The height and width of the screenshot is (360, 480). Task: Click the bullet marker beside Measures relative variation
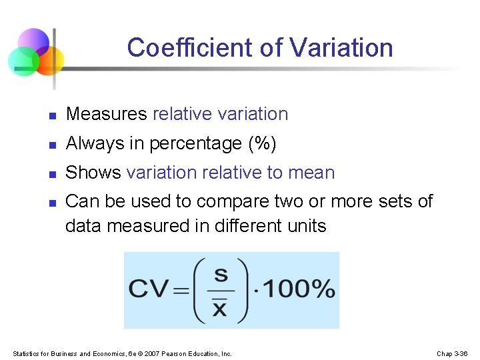click(52, 115)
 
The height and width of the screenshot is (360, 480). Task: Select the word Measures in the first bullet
click(107, 114)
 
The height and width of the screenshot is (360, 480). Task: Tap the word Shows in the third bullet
click(93, 173)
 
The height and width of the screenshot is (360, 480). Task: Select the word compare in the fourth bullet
click(241, 201)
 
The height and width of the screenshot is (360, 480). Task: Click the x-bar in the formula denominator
click(219, 308)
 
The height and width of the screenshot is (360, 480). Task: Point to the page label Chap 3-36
click(452, 353)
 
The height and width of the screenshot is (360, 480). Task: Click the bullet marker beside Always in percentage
click(52, 145)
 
